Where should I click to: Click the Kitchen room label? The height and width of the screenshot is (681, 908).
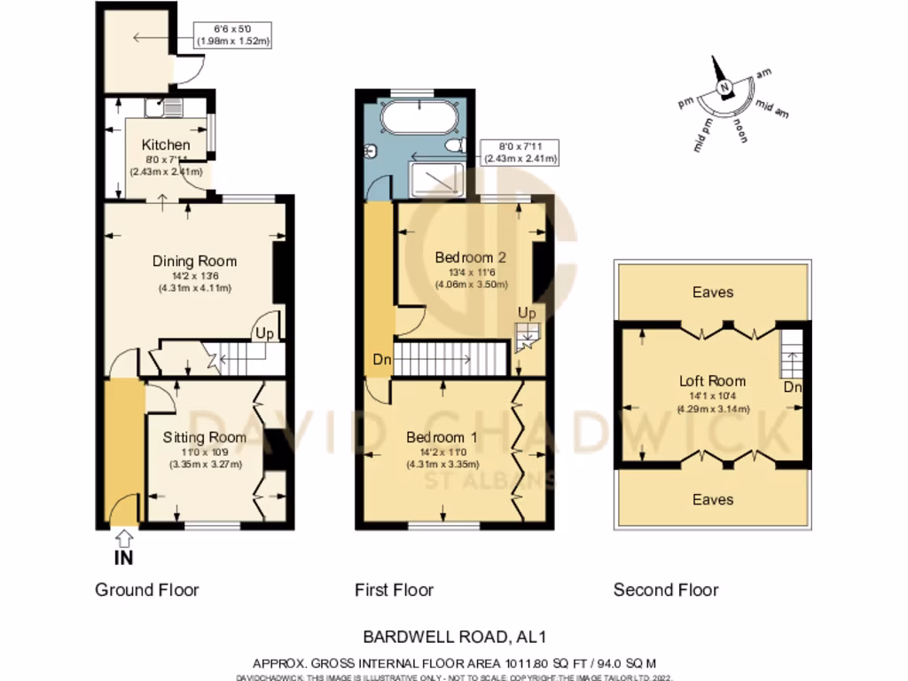166,145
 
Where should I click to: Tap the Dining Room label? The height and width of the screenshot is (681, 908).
194,261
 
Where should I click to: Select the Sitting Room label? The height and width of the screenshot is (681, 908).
204,437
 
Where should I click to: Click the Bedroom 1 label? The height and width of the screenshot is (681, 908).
442,437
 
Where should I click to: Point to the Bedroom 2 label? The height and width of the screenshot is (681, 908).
470,257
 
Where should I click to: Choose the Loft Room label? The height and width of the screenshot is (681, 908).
713,381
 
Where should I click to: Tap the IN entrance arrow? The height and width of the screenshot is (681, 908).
124,537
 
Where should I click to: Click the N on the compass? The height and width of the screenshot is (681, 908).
724,87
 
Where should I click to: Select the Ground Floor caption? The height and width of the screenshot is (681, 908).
147,590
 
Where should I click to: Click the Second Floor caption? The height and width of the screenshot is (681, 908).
666,590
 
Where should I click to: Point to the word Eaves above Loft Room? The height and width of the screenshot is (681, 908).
713,292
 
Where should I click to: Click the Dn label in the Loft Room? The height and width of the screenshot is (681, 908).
793,388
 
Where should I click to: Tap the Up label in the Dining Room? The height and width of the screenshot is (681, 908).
264,333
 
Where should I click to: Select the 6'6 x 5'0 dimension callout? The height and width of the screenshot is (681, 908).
234,35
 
